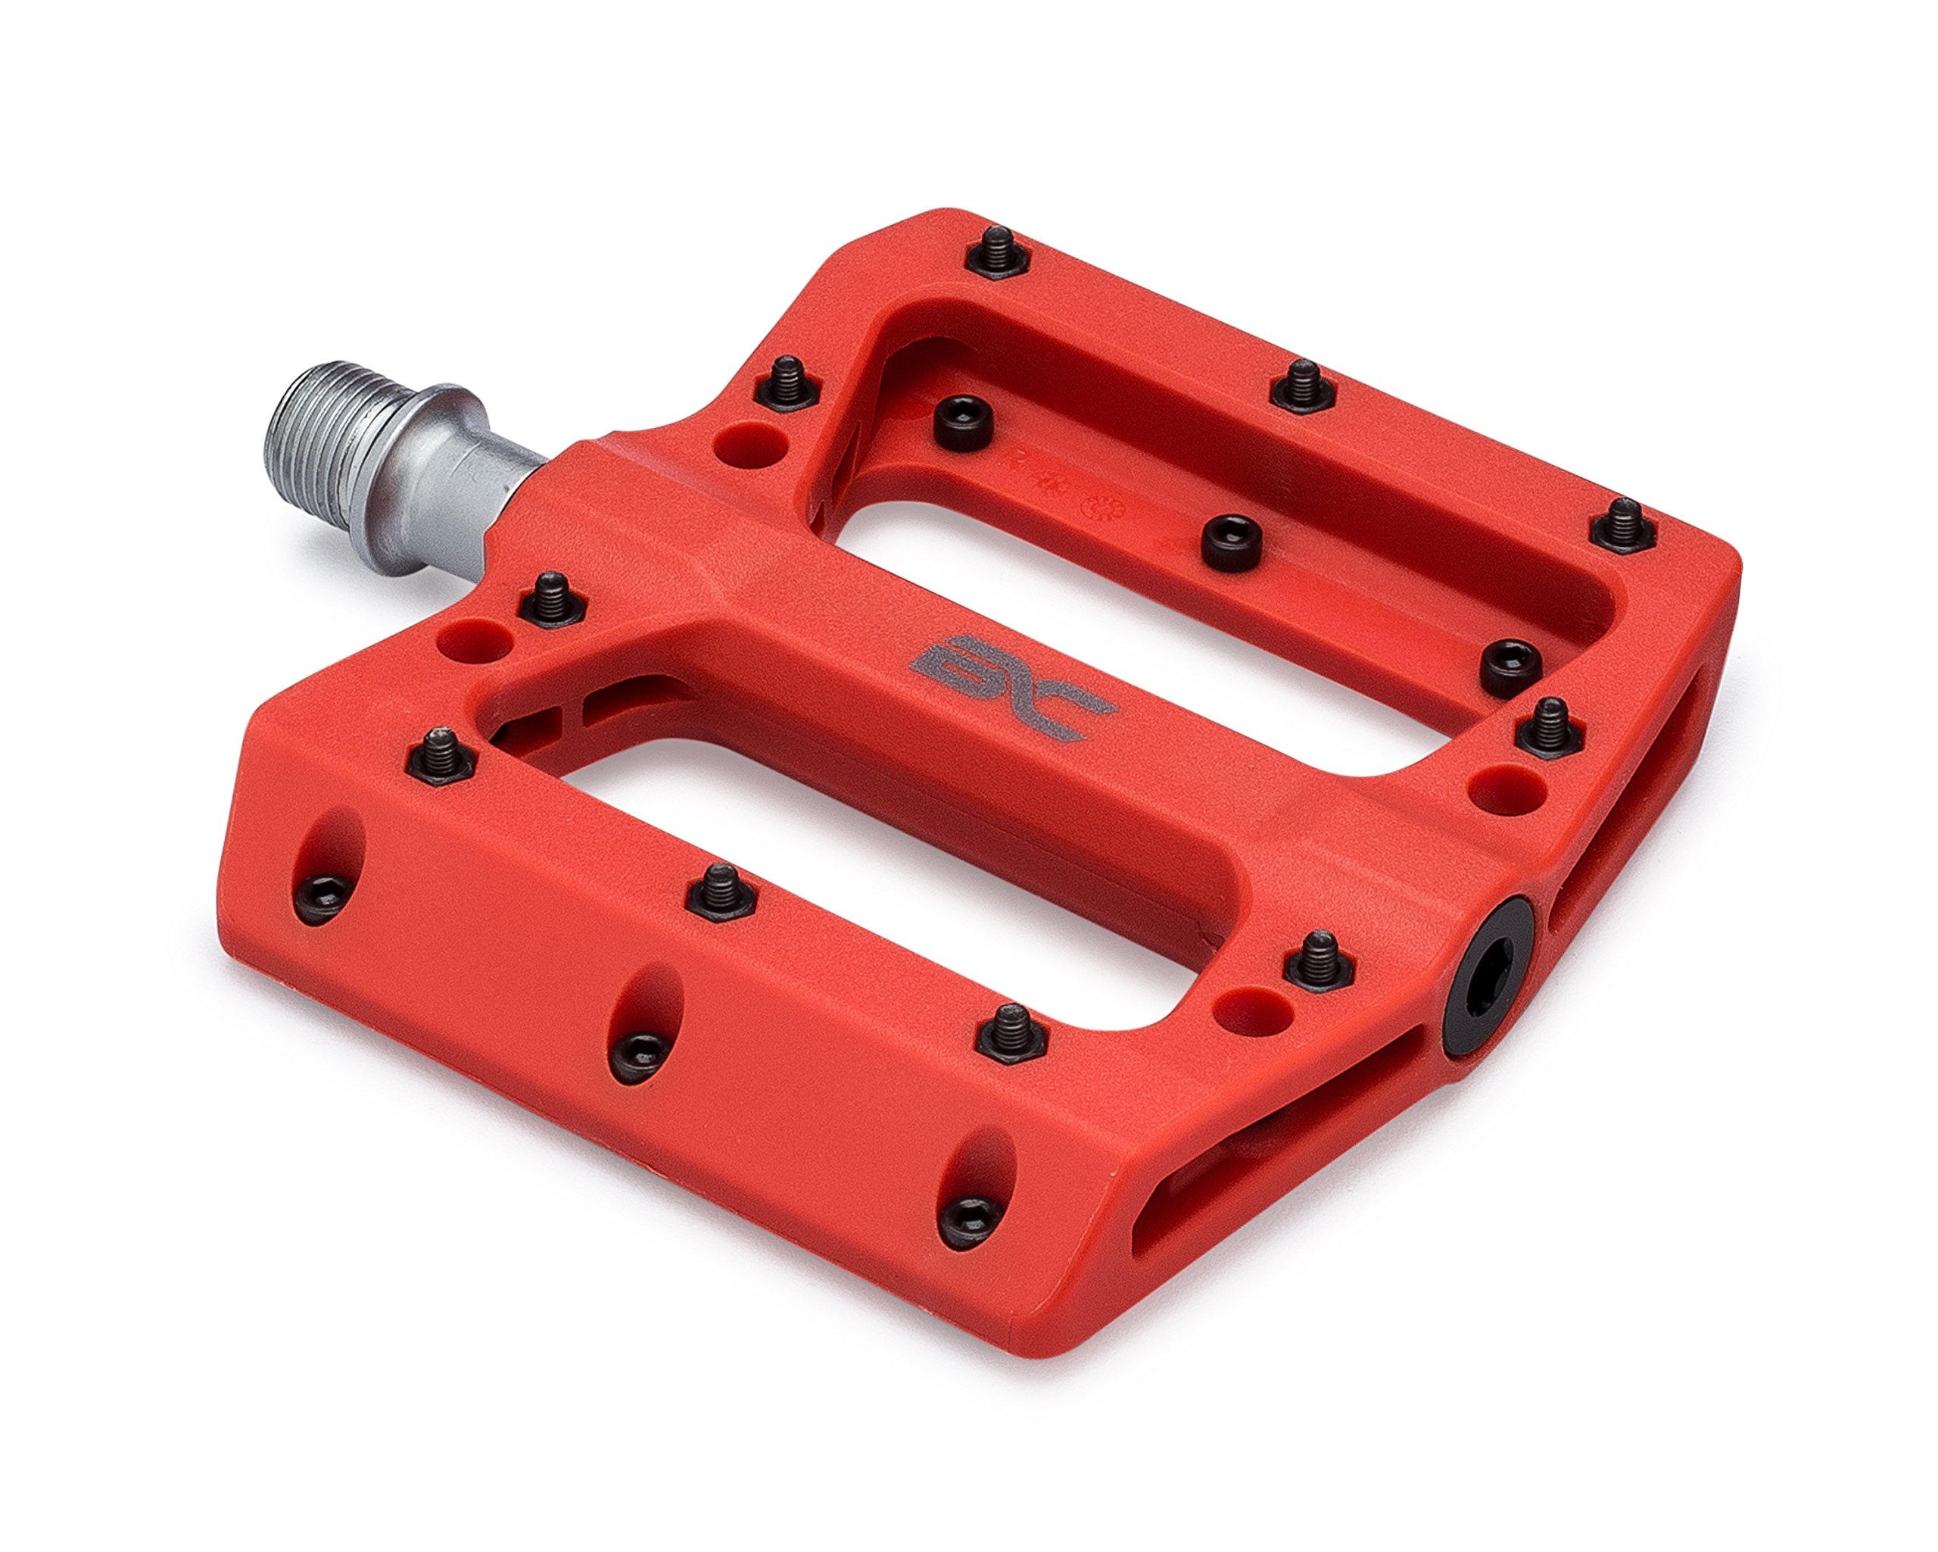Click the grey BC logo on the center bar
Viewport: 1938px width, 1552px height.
tap(1011, 688)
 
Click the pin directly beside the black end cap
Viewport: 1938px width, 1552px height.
tap(1319, 960)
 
